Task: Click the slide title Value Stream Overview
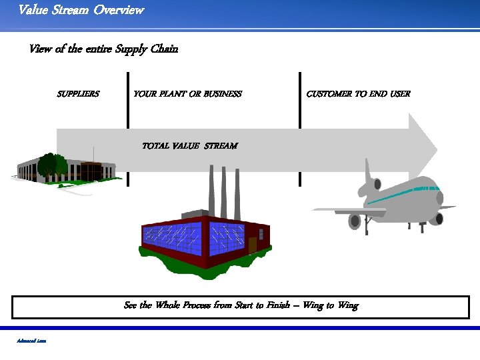pyautogui.click(x=81, y=10)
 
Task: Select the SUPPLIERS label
pyautogui.click(x=78, y=94)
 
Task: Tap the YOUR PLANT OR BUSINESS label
pyautogui.click(x=187, y=94)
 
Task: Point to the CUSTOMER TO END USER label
pyautogui.click(x=358, y=94)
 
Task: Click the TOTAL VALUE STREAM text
pyautogui.click(x=189, y=145)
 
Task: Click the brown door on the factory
pyautogui.click(x=252, y=245)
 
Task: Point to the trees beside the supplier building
pyautogui.click(x=52, y=164)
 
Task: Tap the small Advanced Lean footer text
pyautogui.click(x=31, y=341)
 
